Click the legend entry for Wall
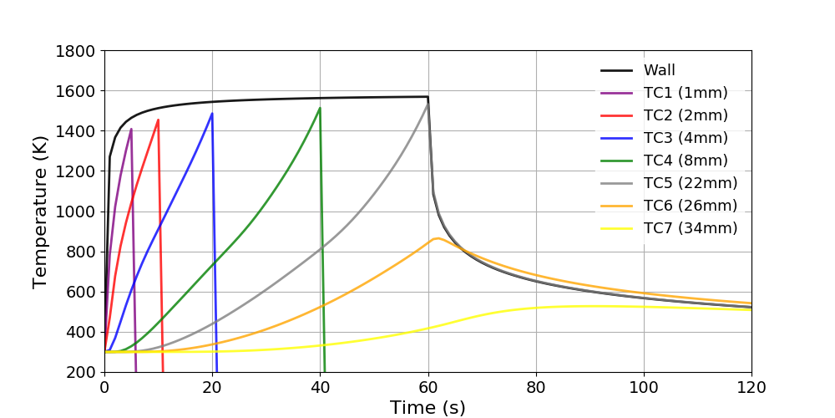[x=659, y=70]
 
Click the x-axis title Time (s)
[x=428, y=407]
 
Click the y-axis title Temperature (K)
[x=41, y=212]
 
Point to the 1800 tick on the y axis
[x=78, y=51]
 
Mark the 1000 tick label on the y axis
[x=78, y=212]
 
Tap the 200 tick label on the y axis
[x=83, y=372]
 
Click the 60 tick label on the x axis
[x=428, y=387]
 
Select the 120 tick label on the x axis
[x=751, y=387]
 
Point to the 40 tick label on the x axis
[x=321, y=387]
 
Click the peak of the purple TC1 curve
[x=131, y=129]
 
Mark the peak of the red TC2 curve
[x=158, y=120]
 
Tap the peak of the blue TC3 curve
[x=212, y=114]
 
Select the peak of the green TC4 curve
[x=320, y=108]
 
